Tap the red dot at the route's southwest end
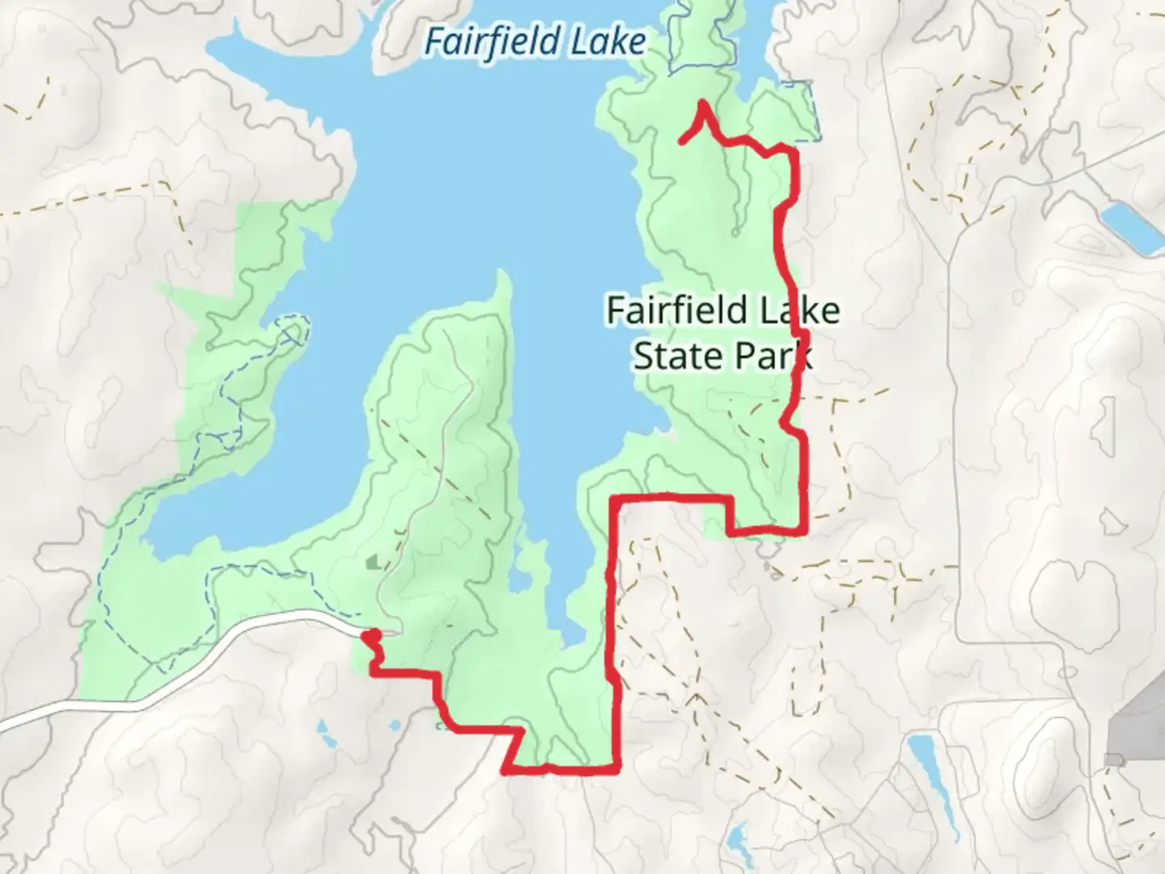click(373, 636)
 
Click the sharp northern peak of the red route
click(702, 104)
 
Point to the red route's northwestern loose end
click(681, 142)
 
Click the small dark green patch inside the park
click(373, 561)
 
